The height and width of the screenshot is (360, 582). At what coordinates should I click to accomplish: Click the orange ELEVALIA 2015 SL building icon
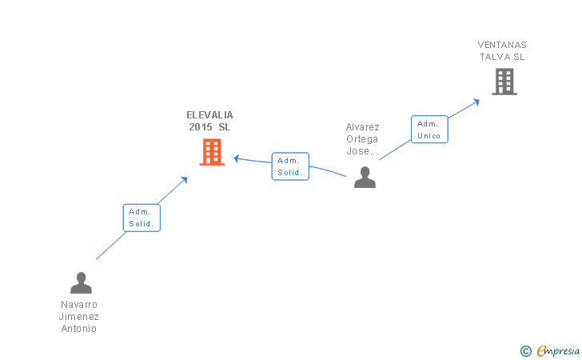tap(212, 151)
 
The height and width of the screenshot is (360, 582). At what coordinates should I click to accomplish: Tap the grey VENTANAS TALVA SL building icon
tap(504, 81)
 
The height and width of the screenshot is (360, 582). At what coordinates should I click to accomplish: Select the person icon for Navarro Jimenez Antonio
tap(81, 283)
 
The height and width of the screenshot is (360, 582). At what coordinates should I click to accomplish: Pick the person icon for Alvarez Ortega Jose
tap(365, 177)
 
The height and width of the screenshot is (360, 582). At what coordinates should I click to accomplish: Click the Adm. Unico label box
tap(429, 130)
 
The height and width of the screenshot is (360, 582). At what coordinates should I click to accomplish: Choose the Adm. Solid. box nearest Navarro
tap(142, 218)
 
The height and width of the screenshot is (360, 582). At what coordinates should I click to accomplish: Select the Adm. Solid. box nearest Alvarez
tap(289, 166)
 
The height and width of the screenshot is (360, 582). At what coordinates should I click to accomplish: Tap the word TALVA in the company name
tap(496, 57)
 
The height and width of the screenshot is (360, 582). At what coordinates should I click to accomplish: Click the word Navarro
tap(78, 305)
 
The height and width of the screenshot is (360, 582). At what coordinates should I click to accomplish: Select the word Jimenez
tap(78, 317)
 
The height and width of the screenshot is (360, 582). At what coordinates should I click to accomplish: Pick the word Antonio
tap(78, 329)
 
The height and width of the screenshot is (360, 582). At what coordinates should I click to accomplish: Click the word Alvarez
tap(362, 127)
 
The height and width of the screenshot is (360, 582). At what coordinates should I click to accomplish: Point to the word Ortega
tap(362, 139)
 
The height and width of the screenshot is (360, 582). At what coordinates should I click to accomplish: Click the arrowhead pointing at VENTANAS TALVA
tap(476, 101)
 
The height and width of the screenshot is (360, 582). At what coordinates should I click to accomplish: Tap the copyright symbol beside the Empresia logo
tap(525, 350)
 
